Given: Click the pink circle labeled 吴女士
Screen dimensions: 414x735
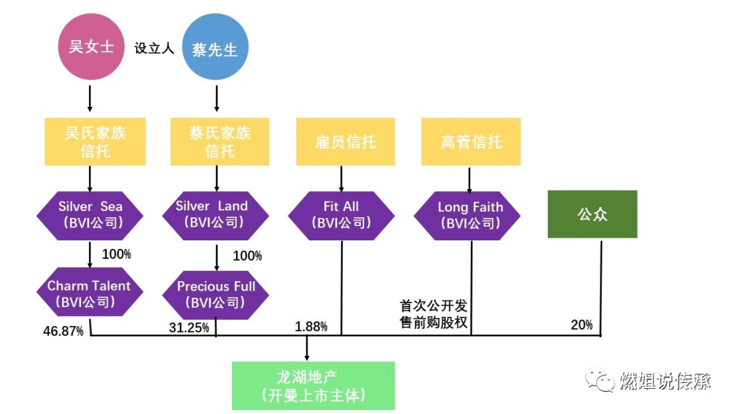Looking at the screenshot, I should [x=91, y=47].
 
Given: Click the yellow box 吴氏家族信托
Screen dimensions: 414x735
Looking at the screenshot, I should [x=95, y=142].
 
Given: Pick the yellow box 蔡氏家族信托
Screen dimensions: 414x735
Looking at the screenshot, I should [x=220, y=142].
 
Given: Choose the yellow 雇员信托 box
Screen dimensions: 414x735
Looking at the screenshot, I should [x=346, y=142].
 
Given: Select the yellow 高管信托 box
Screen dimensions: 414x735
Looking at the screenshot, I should [x=471, y=142].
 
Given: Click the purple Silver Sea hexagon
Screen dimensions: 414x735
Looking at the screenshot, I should [x=90, y=214].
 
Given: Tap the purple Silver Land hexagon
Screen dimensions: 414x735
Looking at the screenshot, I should [x=216, y=214].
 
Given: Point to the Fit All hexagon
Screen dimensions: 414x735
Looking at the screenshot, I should [x=341, y=214].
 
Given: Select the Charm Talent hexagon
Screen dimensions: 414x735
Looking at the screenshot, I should [x=90, y=293].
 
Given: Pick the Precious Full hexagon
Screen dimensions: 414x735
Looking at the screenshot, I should [x=216, y=294].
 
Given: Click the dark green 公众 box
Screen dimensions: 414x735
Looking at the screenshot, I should [x=592, y=214].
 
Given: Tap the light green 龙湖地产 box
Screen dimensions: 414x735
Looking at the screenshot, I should [x=313, y=386].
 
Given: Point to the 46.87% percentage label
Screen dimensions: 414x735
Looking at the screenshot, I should [x=63, y=331].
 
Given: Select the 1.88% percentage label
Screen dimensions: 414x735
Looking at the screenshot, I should [x=311, y=326].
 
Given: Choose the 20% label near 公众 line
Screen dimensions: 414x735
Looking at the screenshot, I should [x=581, y=325].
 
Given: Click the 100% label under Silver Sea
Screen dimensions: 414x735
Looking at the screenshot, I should [x=116, y=254].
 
